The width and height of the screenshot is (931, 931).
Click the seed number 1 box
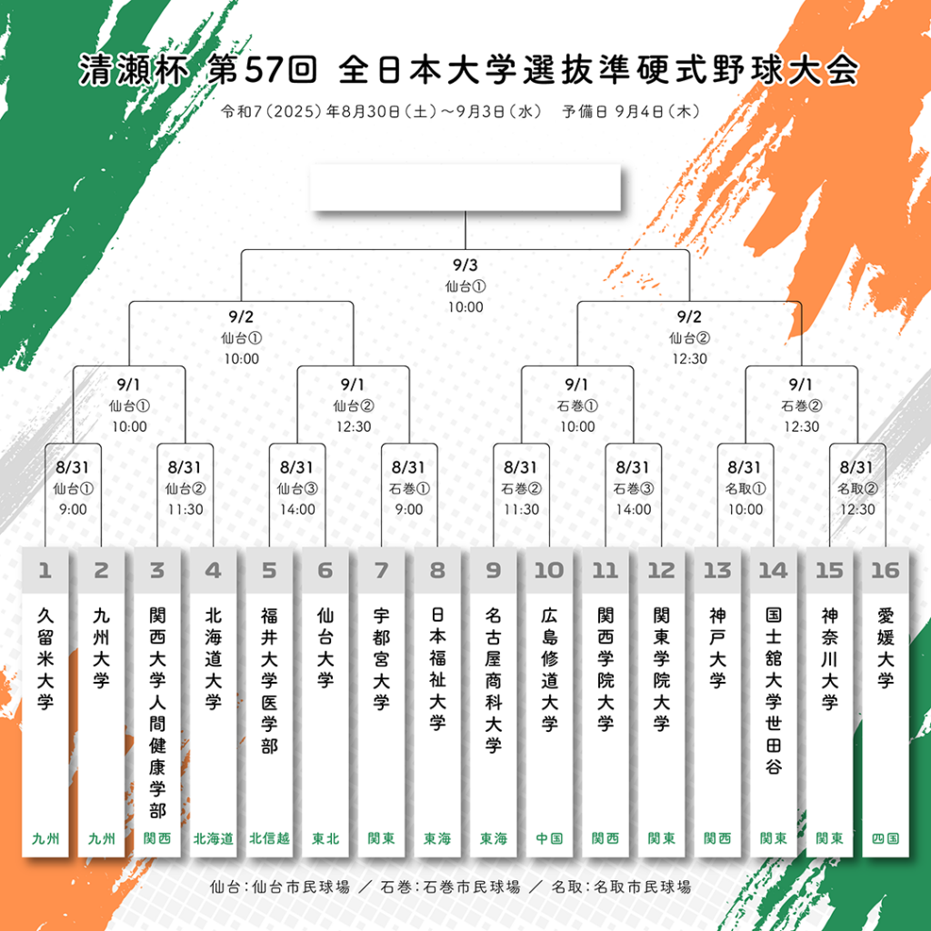point(45,571)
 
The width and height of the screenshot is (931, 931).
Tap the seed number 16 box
point(886,571)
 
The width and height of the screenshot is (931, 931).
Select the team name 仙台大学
point(325,647)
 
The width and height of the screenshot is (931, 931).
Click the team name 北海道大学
point(213,658)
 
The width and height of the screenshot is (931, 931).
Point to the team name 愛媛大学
point(886,647)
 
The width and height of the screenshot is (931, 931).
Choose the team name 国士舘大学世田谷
point(773,691)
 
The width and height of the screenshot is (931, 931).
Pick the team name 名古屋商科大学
point(494,680)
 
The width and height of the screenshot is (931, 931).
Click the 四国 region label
point(886,838)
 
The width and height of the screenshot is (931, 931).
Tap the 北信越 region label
point(269,838)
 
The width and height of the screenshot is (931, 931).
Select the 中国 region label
point(549,838)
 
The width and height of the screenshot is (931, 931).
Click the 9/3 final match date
point(465,265)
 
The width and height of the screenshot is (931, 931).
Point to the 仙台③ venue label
point(297,488)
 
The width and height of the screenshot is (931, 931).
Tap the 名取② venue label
point(857,488)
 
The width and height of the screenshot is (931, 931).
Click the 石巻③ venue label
point(634,488)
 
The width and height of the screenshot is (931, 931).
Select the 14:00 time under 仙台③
point(297,509)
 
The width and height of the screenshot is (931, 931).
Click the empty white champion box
point(465,187)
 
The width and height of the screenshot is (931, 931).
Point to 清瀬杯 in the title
point(135,71)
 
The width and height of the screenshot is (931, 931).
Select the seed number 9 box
point(494,571)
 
